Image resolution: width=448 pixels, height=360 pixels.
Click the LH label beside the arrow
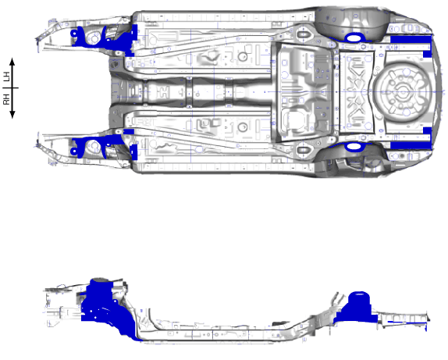point(7,77)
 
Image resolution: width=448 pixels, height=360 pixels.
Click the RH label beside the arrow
point(7,99)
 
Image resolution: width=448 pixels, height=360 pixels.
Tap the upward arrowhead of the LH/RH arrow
point(12,61)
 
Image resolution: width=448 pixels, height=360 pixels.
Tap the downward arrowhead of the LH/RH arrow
point(12,115)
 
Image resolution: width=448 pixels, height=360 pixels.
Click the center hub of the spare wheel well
point(403,92)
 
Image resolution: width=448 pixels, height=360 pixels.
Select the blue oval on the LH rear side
point(354,37)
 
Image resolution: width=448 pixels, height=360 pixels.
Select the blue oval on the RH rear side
point(354,147)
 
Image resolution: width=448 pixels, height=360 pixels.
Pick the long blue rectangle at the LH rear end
point(411,39)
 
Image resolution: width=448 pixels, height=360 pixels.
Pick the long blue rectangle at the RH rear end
point(411,145)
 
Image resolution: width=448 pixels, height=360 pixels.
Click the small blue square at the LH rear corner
point(427,54)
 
